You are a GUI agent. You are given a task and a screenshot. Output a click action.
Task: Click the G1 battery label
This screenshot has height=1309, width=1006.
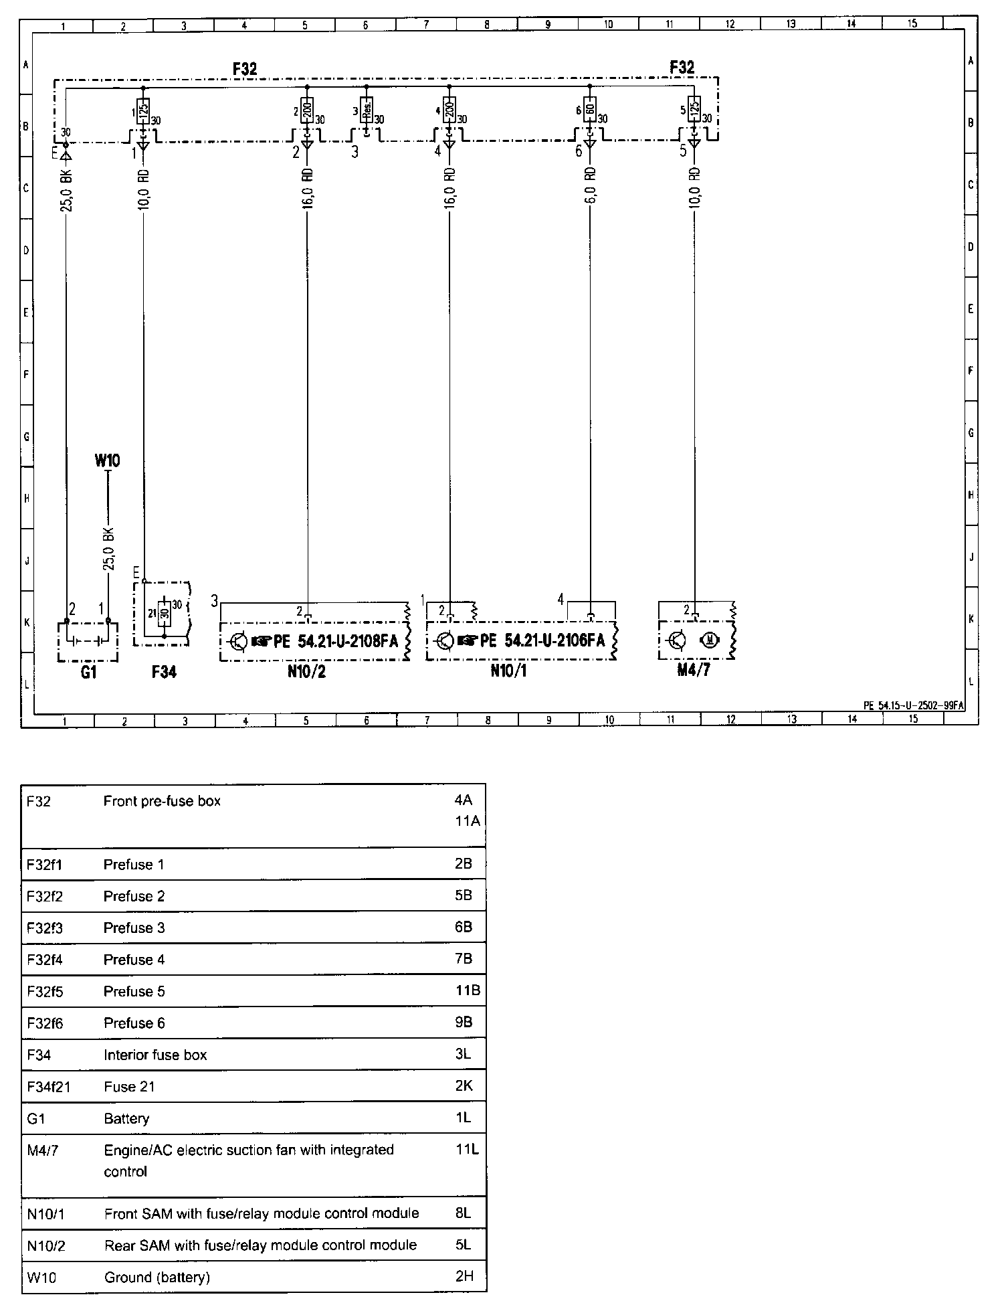[88, 672]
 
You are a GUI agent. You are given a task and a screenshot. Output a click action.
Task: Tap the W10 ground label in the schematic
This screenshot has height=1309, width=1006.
[107, 460]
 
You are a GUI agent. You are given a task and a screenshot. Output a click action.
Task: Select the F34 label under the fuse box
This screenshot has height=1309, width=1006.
[164, 672]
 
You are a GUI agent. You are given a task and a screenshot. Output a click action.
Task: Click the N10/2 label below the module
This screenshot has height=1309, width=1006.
[306, 671]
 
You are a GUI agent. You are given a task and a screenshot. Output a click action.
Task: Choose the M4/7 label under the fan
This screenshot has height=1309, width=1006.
[694, 670]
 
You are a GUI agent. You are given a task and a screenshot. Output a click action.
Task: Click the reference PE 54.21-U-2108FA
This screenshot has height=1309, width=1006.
[335, 642]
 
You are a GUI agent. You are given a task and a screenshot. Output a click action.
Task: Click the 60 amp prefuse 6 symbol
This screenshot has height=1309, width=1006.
[589, 108]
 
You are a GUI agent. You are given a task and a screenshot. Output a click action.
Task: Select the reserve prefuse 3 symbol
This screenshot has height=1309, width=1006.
[367, 109]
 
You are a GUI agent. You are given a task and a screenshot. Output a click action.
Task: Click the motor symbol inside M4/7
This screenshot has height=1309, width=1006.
[710, 640]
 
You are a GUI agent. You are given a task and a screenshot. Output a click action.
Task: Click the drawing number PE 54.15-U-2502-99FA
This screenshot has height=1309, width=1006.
[913, 705]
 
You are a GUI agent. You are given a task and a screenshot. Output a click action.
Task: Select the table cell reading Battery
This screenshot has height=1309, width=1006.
[126, 1118]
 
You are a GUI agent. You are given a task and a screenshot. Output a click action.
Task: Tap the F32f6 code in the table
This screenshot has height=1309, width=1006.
[45, 1023]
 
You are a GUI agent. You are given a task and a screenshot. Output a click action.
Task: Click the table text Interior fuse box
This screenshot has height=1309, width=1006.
[155, 1055]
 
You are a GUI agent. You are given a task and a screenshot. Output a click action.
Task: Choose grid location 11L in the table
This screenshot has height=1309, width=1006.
[467, 1150]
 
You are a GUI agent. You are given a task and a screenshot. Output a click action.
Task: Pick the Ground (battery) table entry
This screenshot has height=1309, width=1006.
[157, 1277]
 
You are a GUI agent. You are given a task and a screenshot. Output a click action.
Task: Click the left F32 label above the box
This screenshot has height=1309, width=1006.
[245, 68]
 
